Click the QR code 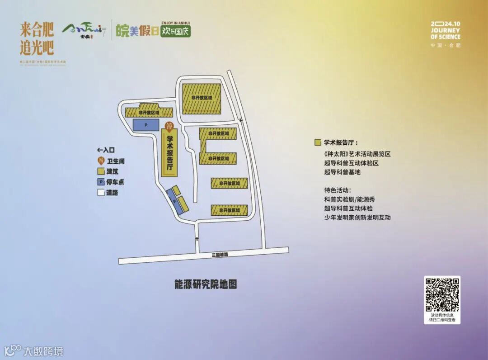[x=442, y=294]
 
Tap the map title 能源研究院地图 [x=206, y=284]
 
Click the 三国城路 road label [x=220, y=255]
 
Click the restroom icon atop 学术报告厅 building [x=169, y=126]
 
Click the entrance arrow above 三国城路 [x=197, y=239]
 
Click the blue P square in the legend [x=101, y=182]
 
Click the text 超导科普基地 [x=342, y=172]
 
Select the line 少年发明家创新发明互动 [x=357, y=218]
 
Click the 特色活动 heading [x=337, y=190]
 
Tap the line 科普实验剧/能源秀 [x=349, y=199]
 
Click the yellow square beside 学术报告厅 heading [x=318, y=143]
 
